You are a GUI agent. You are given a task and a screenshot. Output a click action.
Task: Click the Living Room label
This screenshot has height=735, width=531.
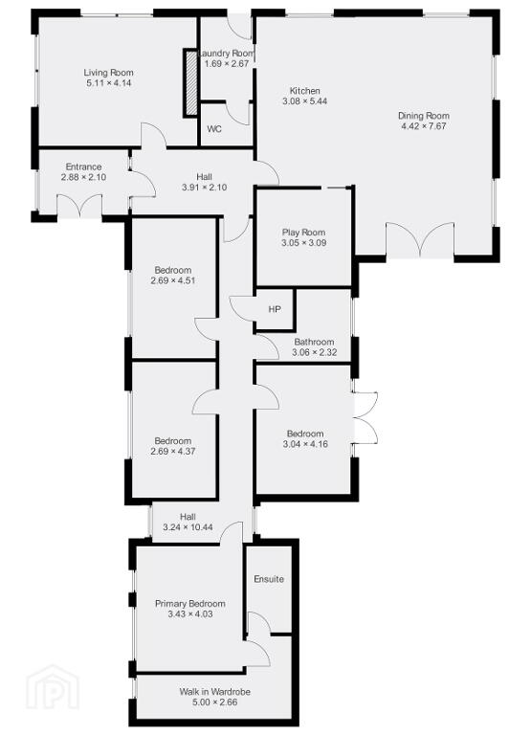click(108, 73)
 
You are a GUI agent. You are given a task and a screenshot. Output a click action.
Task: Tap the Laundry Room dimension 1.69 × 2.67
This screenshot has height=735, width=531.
click(227, 64)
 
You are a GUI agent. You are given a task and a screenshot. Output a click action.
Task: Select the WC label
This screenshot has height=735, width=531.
click(214, 129)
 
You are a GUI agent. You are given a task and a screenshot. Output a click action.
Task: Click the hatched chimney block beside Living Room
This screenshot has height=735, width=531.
click(190, 82)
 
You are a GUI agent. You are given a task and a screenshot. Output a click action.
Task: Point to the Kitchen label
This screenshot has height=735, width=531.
click(304, 91)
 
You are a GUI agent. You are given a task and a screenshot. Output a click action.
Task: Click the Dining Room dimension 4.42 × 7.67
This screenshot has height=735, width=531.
click(424, 126)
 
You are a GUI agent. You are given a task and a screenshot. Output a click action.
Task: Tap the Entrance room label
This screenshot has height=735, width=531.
click(83, 167)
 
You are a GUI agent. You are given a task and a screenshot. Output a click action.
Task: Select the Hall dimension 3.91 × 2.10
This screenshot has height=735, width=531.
click(205, 187)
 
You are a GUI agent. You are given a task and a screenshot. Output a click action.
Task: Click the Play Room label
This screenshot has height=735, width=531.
click(303, 233)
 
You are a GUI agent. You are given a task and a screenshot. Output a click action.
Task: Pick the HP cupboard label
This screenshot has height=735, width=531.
click(275, 309)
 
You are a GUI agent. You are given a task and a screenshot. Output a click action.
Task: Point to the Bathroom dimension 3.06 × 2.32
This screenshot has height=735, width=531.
click(315, 352)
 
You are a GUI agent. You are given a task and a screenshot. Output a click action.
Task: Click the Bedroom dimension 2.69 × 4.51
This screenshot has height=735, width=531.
click(173, 280)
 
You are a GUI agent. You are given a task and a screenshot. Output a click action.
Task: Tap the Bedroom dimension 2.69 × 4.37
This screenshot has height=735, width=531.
click(173, 452)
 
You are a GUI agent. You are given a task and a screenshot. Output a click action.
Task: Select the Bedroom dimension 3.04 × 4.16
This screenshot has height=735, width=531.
click(305, 444)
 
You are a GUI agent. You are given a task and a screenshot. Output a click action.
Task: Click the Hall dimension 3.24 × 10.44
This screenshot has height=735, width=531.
click(188, 527)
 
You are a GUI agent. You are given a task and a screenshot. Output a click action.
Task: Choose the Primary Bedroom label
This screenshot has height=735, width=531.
click(190, 604)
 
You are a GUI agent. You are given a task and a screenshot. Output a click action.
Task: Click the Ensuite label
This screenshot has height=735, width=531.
click(269, 579)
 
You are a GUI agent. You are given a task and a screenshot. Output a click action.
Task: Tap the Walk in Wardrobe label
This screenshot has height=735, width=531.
click(214, 692)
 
